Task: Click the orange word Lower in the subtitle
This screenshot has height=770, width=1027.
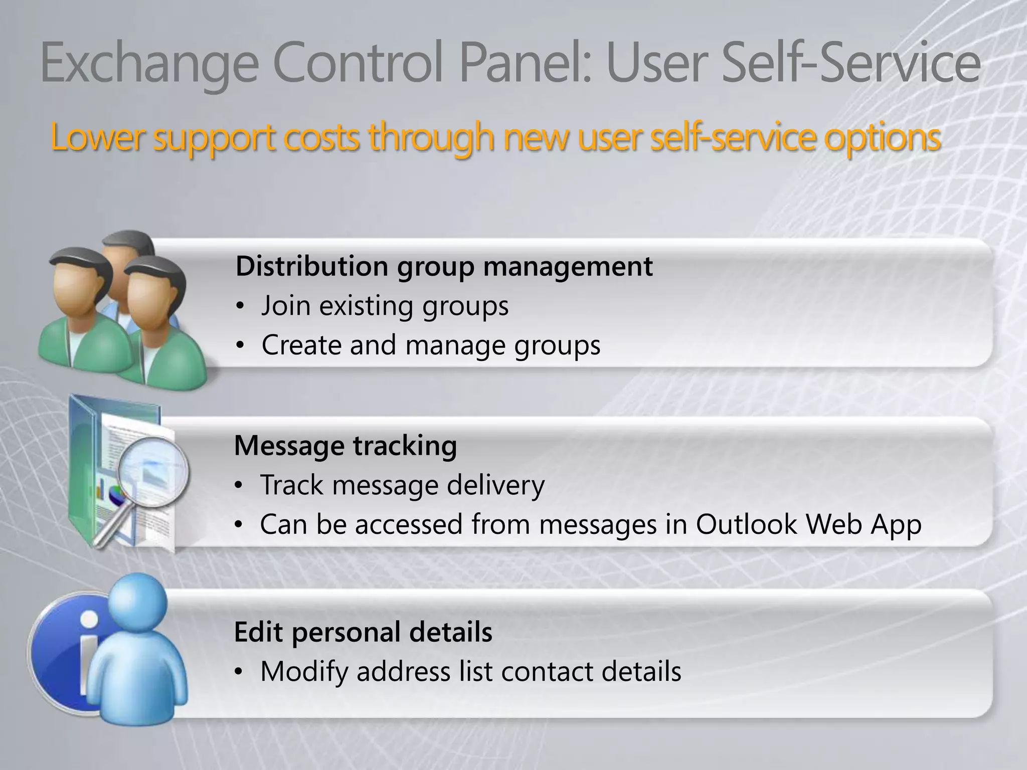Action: (x=98, y=137)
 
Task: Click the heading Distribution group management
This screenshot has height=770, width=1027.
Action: (x=444, y=266)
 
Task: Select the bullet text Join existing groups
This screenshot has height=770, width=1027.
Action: (x=385, y=305)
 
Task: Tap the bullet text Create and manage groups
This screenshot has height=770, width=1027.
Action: (x=430, y=345)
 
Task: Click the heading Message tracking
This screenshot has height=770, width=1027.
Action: (x=346, y=445)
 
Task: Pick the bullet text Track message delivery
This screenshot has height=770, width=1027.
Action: (x=402, y=485)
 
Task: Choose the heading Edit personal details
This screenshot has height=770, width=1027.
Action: (x=363, y=632)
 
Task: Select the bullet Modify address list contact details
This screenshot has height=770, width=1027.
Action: (x=470, y=671)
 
